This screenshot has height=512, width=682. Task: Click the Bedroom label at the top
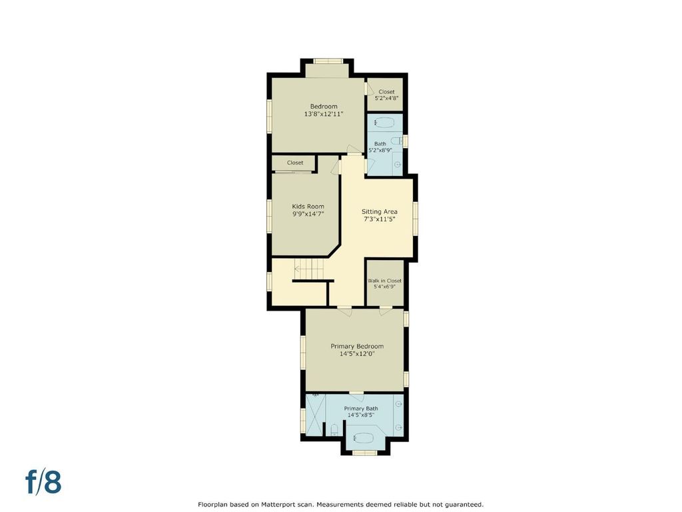[324, 107]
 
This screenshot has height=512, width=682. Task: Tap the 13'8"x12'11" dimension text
[324, 114]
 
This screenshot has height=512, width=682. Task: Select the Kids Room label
[308, 207]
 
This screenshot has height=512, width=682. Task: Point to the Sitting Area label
[379, 211]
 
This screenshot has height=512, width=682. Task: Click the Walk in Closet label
[384, 281]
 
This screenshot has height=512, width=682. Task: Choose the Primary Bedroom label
[357, 347]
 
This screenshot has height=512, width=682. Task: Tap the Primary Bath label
[361, 409]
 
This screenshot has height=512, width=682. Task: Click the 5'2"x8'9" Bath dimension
[380, 150]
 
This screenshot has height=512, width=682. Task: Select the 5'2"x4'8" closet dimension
[387, 99]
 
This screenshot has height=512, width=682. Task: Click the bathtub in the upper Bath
[384, 123]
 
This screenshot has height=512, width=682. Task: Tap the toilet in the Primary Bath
[334, 430]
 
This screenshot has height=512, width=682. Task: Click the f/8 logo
[43, 482]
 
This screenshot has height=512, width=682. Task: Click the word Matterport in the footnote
[279, 505]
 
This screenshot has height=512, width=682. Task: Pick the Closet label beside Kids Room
[295, 163]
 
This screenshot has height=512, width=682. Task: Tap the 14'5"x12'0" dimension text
[357, 354]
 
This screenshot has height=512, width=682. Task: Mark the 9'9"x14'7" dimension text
[308, 214]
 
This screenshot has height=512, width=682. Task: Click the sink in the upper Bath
[397, 165]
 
